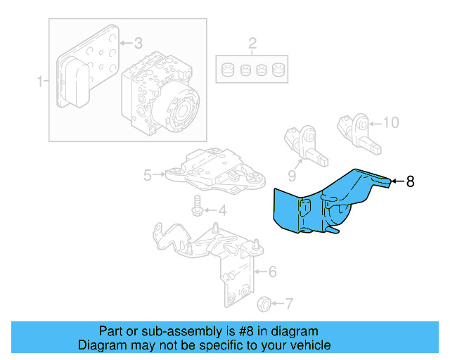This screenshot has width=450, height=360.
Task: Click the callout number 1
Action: [x=40, y=82]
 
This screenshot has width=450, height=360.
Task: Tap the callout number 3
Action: [x=138, y=43]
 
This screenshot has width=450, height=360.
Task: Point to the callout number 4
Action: [x=221, y=210]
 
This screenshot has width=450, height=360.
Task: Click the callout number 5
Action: [x=148, y=175]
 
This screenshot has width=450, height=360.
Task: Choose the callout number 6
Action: [x=272, y=271]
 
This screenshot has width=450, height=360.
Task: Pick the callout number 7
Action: [x=288, y=304]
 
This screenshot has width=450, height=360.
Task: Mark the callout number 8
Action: [x=411, y=181]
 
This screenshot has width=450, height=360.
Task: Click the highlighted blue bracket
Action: [x=323, y=204]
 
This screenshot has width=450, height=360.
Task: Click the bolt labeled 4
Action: [x=198, y=206]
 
